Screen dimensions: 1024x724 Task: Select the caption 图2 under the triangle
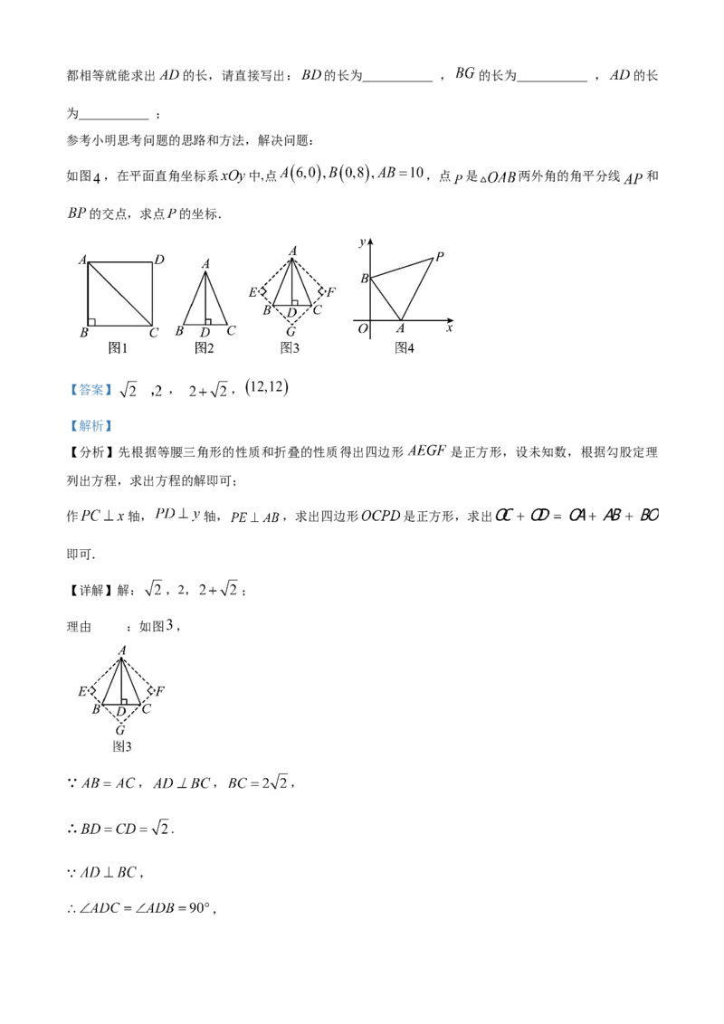205,347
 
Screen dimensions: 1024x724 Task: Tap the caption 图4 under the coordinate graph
405,347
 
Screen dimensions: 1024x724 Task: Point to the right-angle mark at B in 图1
91,321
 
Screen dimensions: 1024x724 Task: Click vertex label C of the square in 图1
154,333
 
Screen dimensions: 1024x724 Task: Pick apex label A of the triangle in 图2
206,263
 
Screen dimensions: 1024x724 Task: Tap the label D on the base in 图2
205,332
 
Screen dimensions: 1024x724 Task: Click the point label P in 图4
439,257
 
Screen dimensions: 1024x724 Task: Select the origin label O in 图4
363,329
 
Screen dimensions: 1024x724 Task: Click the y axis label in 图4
361,242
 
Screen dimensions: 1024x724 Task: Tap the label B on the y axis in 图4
364,279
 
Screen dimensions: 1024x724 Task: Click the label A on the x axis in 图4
401,330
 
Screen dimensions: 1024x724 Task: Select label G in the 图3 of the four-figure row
290,333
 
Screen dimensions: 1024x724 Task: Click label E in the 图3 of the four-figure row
252,291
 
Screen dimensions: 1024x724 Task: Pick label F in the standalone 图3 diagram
159,691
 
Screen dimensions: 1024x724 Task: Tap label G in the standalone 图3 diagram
120,729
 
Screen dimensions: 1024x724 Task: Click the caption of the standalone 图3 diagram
121,746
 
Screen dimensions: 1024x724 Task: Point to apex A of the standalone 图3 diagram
121,649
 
